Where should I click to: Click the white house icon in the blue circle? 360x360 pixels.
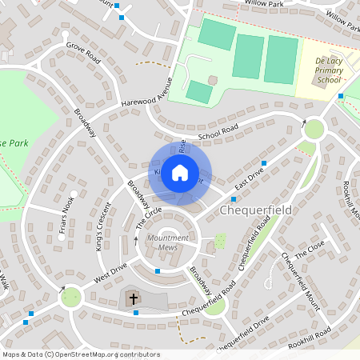coord(180,172)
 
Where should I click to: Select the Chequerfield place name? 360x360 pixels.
coord(255,210)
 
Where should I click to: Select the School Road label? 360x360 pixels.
coord(218,132)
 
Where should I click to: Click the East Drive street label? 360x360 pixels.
coord(250,179)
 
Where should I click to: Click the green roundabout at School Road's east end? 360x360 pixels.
coord(314,128)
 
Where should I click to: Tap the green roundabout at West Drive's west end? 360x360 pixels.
coord(71,297)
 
